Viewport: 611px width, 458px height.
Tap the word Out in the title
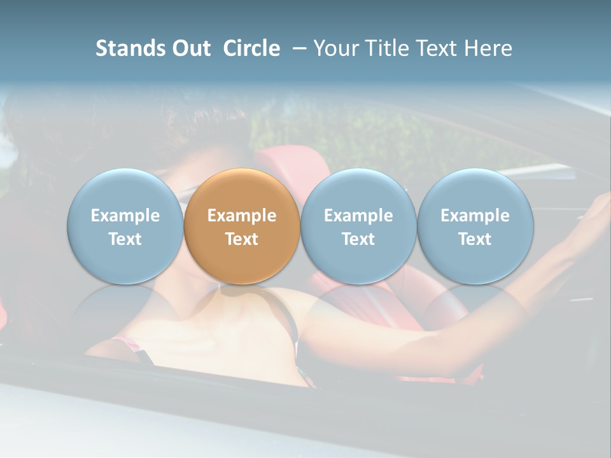(x=190, y=48)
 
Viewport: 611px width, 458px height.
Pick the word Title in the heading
(x=388, y=48)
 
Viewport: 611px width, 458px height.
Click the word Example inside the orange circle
(x=242, y=216)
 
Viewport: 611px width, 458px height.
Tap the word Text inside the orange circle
(x=242, y=239)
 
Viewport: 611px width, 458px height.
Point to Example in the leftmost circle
(x=125, y=216)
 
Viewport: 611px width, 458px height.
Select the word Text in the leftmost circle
(x=125, y=239)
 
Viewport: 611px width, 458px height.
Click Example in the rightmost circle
(x=475, y=216)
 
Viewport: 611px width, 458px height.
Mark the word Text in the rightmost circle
(x=475, y=239)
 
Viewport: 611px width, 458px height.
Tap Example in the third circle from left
(x=358, y=216)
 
